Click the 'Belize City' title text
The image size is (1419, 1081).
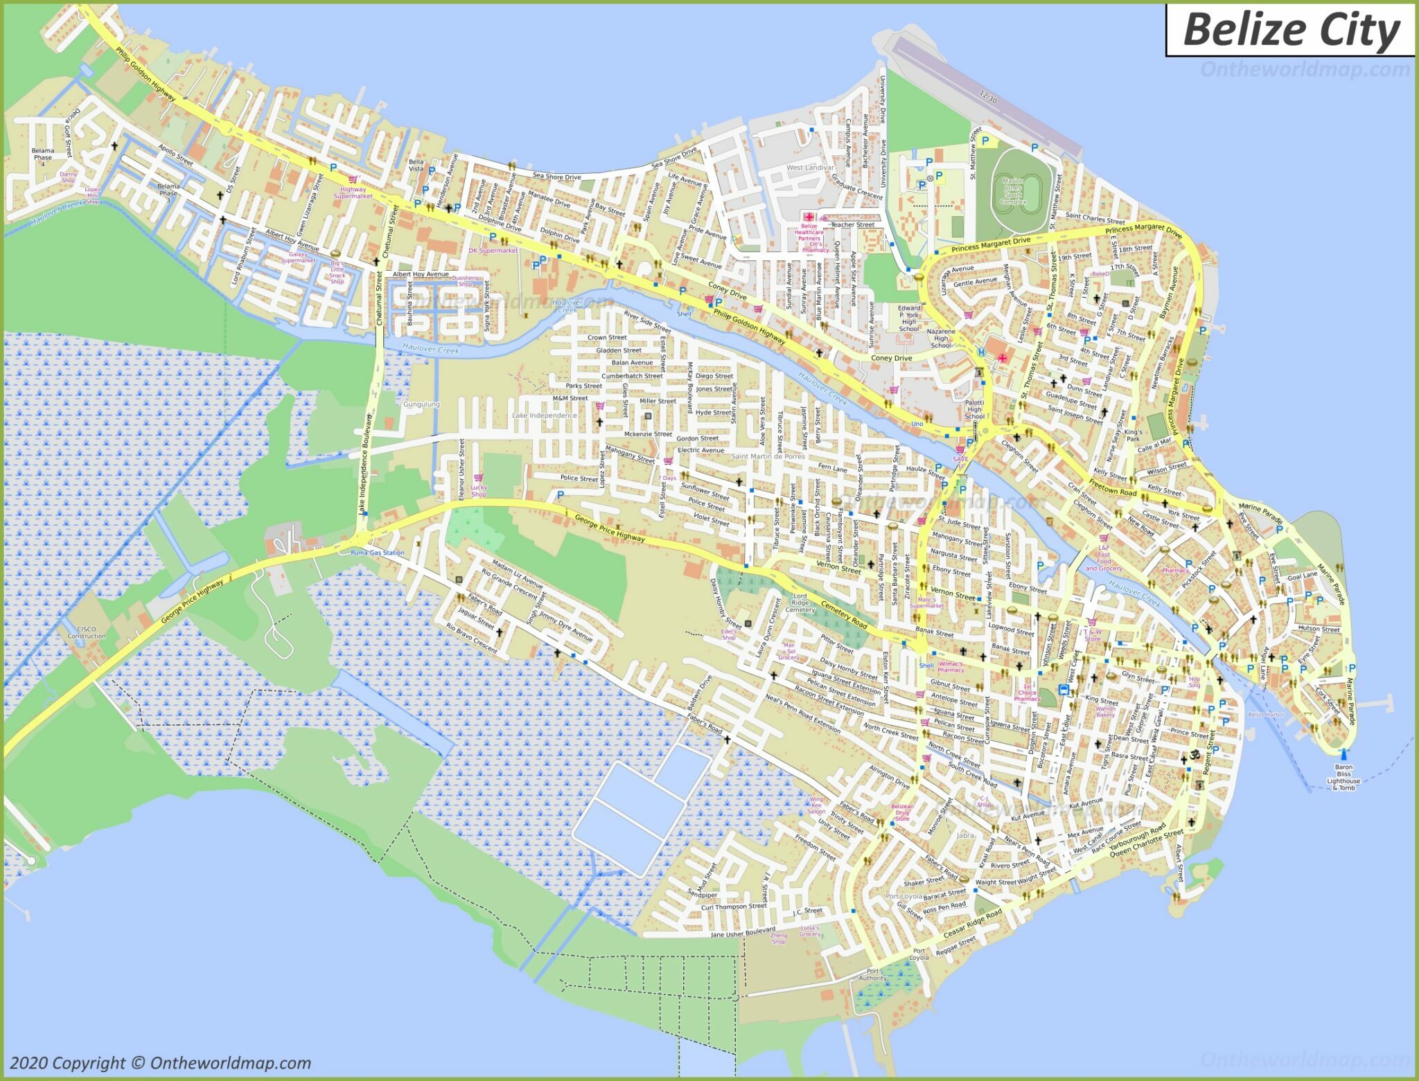pos(1291,30)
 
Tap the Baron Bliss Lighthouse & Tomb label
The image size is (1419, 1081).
pos(1343,777)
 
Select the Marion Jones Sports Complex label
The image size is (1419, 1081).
pos(1012,191)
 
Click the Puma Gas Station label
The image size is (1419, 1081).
pos(377,553)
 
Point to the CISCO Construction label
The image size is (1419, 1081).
pos(87,632)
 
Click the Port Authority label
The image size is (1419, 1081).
pos(872,975)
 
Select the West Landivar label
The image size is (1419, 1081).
pos(810,168)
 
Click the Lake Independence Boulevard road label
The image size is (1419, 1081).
pos(365,464)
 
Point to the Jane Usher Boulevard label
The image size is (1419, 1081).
pos(743,933)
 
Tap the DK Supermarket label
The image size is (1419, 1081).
pos(493,251)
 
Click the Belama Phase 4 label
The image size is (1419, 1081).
pos(42,157)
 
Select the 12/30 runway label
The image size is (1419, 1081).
pos(988,98)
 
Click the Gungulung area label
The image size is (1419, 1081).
pos(421,404)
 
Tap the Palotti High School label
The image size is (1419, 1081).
pos(974,409)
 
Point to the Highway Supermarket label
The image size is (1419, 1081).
pos(353,193)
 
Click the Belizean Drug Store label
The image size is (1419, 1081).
pos(901,812)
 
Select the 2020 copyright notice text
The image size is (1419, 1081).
pos(161,1063)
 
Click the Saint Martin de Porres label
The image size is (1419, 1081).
pos(768,456)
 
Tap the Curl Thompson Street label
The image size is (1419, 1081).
pos(734,906)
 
